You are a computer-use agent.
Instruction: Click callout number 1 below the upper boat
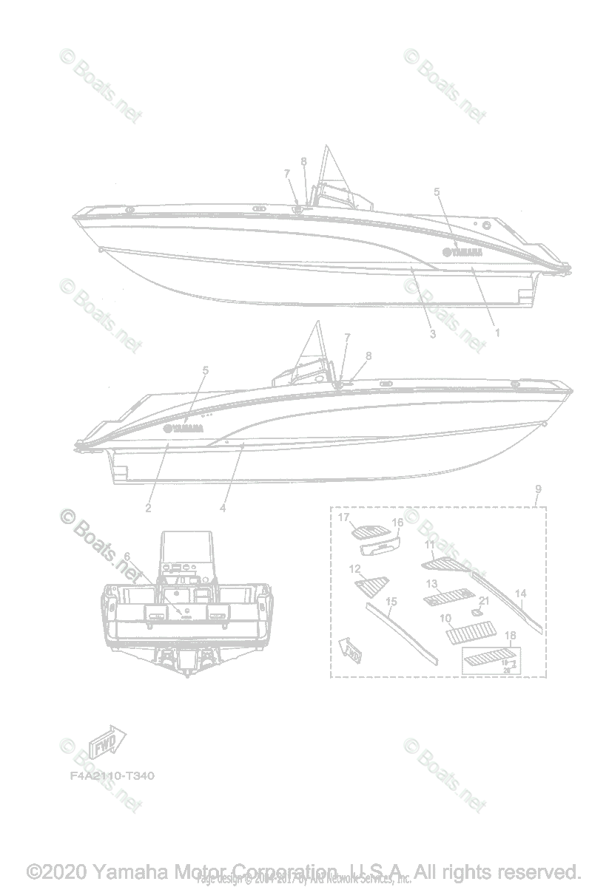[x=497, y=333]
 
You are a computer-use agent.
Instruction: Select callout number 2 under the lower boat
[x=149, y=508]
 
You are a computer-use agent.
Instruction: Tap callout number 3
[x=433, y=334]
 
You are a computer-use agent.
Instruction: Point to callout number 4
[x=223, y=508]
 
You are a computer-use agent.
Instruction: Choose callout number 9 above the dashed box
[x=538, y=489]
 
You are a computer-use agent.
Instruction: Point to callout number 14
[x=521, y=594]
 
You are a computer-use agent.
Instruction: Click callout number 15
[x=392, y=602]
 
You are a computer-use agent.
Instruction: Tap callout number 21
[x=485, y=600]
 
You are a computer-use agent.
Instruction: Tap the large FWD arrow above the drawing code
[x=109, y=741]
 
